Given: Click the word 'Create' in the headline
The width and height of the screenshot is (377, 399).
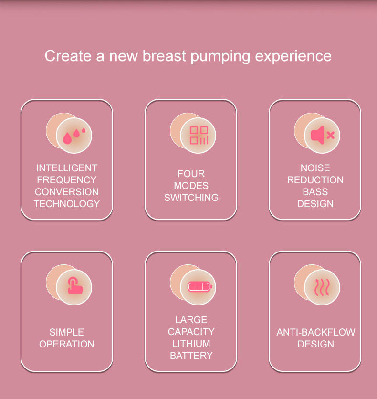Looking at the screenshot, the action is [68, 56].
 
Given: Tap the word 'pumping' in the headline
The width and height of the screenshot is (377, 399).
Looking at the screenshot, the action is [220, 57].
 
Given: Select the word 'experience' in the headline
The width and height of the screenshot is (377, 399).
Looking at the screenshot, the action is [293, 57].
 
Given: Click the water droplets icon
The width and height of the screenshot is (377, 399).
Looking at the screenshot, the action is [74, 135].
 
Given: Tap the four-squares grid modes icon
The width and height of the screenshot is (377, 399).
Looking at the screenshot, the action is [199, 135].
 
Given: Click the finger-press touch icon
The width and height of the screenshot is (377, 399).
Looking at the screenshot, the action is [75, 285].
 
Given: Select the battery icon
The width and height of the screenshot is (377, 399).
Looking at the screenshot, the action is [200, 287].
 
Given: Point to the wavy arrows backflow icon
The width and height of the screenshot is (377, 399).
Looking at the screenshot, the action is [322, 287].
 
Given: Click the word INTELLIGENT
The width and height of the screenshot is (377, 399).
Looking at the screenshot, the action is [67, 168].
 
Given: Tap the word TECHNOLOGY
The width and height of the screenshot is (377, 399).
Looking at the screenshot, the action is [67, 204].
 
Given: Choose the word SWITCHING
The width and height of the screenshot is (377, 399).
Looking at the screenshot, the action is [191, 198].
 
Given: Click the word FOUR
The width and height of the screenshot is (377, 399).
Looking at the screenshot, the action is [191, 174].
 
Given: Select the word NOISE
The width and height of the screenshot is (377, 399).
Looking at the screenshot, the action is [315, 168].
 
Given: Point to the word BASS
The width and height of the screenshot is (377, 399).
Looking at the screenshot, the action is [315, 192].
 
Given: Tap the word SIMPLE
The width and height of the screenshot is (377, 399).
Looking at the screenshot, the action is [67, 332].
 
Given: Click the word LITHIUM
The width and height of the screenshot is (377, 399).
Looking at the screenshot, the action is [191, 344].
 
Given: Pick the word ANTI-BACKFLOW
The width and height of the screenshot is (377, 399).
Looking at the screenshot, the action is [316, 332].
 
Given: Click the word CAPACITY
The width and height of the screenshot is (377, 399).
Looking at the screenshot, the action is [191, 332].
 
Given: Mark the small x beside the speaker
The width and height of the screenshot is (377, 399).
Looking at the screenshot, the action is [330, 135].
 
